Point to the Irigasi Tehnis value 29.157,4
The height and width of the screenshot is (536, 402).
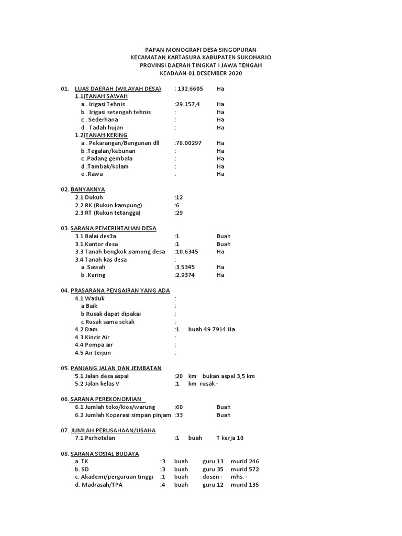pos(187,104)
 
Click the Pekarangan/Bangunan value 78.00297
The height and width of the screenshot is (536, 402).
pos(189,143)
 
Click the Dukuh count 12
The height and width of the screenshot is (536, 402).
pos(180,197)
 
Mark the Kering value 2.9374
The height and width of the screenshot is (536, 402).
pos(187,275)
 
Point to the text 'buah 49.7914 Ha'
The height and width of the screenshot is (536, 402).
pos(211,329)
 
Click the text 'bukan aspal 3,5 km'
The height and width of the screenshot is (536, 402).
pos(229,376)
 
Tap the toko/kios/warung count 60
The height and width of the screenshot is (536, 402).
pos(179,407)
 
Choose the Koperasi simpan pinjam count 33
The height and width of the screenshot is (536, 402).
pos(179,415)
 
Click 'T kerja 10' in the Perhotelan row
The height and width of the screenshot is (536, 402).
pos(230,438)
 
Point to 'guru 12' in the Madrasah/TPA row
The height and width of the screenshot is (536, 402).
pos(213,485)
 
